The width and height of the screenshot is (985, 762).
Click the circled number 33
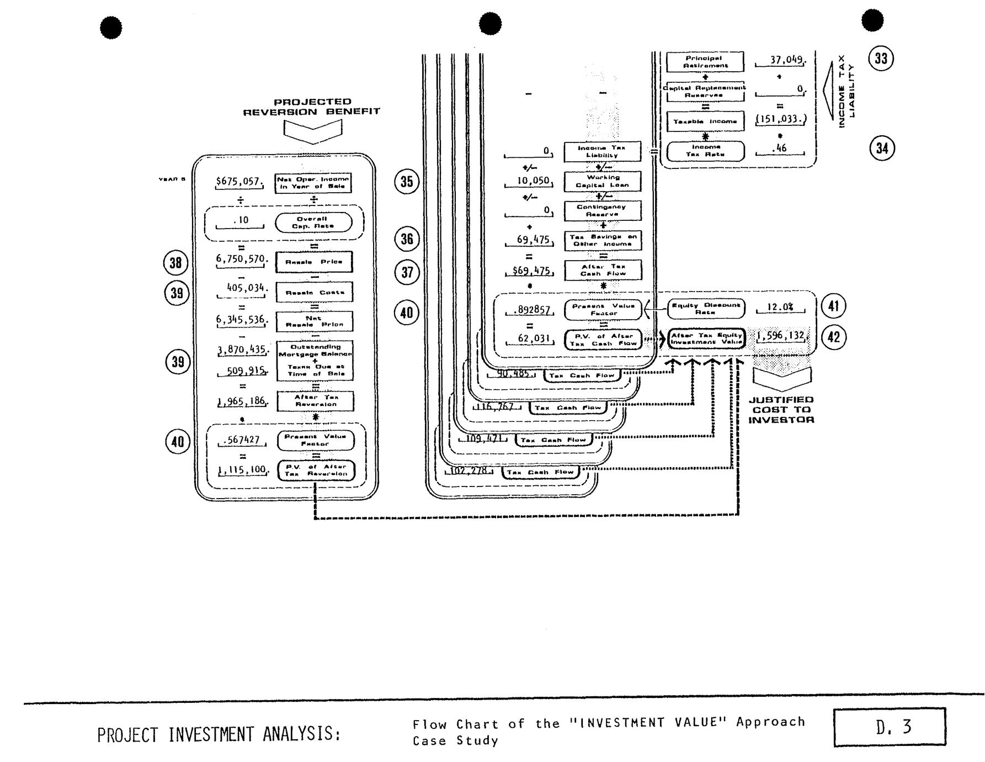881,59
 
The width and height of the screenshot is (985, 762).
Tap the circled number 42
833,336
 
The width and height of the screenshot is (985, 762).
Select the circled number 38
175,262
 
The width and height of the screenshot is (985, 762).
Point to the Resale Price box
314,262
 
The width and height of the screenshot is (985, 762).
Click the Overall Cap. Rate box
313,222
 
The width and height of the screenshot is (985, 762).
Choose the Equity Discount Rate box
706,309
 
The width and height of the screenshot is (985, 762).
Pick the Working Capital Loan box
602,181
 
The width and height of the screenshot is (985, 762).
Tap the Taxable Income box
705,121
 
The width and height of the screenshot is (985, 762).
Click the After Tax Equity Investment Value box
706,338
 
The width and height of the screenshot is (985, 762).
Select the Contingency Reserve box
602,210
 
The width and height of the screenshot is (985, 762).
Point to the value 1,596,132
780,336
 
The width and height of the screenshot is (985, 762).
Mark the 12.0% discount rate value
780,307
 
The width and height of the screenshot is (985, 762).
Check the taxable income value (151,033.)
780,119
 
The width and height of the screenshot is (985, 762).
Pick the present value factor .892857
530,310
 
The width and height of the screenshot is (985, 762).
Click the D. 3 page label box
890,727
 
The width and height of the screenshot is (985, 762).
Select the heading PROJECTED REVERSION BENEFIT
312,107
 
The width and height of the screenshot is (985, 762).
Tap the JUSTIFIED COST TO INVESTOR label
781,409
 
